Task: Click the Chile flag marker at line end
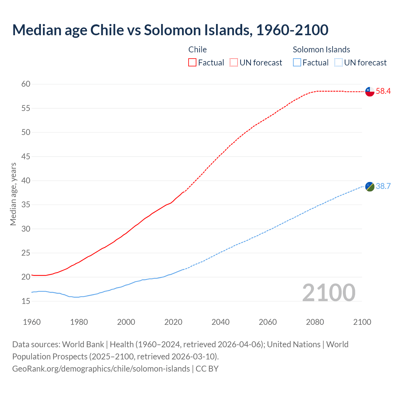tap(370, 92)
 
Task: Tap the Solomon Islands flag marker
tap(370, 187)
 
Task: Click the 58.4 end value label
tap(383, 91)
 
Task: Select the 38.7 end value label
tap(383, 186)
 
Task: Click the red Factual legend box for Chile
tap(192, 63)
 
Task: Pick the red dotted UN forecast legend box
tap(234, 63)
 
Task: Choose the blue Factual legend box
tap(297, 63)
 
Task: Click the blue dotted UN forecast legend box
tap(339, 63)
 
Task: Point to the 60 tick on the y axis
tap(26, 84)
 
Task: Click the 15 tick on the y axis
tap(26, 301)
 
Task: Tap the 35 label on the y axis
tap(26, 205)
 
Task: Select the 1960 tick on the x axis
tap(32, 322)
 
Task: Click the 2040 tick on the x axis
tap(220, 322)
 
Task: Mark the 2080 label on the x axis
tap(315, 322)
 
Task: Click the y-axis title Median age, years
tap(13, 194)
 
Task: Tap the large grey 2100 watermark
tap(329, 292)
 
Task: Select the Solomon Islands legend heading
tap(321, 50)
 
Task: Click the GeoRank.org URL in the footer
tap(101, 368)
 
